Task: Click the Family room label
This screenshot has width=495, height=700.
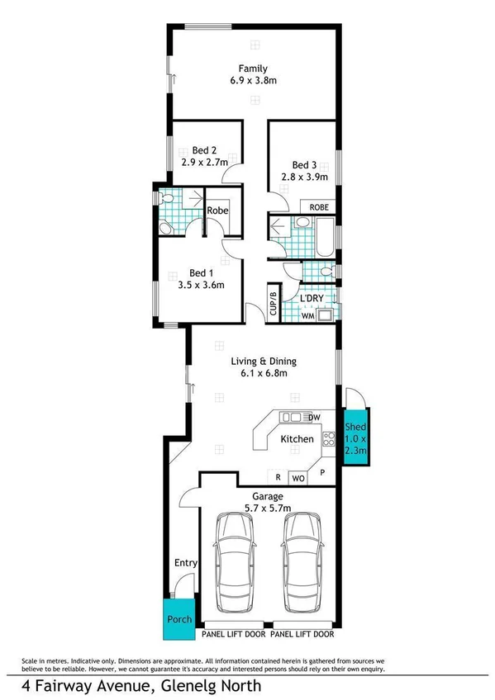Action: tap(252, 68)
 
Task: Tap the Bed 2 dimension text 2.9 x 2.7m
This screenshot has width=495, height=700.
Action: tap(204, 163)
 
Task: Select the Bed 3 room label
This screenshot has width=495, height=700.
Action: tap(304, 164)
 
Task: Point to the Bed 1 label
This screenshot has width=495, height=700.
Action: tap(201, 272)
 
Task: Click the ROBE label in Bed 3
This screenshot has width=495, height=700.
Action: tap(319, 207)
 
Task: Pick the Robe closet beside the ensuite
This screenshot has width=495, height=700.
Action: tap(217, 210)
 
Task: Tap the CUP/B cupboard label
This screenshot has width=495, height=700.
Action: tap(272, 300)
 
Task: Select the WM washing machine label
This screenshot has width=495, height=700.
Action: tap(307, 315)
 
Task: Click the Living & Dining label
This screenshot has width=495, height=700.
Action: tap(263, 361)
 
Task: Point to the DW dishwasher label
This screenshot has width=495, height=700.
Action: tap(315, 416)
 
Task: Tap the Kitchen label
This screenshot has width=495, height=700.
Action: tap(297, 439)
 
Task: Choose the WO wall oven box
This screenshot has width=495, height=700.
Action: tap(297, 477)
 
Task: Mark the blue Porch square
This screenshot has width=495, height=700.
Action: tap(180, 619)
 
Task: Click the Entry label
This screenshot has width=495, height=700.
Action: tap(185, 563)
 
